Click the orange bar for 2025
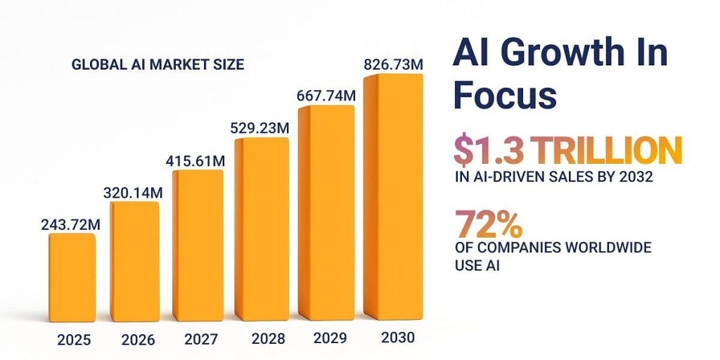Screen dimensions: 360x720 pos(72,278)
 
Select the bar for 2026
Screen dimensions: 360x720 pos(135,262)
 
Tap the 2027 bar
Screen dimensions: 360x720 pos(198,246)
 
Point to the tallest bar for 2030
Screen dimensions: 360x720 pos(391,197)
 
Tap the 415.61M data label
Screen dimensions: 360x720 pos(195,161)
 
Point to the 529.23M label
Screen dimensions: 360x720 pos(261,129)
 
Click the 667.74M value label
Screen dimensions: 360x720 pos(326,96)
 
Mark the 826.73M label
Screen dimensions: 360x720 pos(393,65)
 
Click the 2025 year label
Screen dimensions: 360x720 pos(74,340)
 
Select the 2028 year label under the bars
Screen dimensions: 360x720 pos(267,339)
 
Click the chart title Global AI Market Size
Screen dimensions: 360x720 pos(158,65)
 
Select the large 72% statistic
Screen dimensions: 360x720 pos(488,224)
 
